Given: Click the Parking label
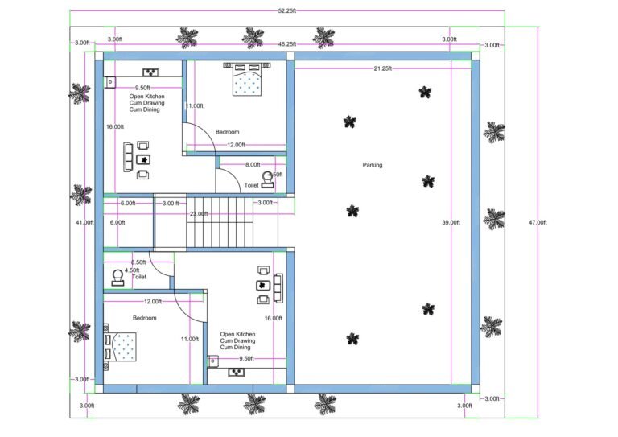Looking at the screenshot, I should [373, 165].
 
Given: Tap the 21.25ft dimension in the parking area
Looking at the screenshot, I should [382, 69].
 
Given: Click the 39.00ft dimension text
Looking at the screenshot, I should [451, 222].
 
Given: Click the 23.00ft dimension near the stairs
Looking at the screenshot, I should [198, 214].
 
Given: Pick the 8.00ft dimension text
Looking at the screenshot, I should [253, 164].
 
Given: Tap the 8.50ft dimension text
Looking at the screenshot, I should [138, 262].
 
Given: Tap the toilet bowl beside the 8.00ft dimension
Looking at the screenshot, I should [268, 179].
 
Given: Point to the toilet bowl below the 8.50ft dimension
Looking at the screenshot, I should [118, 277].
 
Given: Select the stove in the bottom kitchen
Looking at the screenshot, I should [237, 372].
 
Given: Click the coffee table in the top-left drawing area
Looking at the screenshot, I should [144, 159].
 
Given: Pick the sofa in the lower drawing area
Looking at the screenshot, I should [278, 286].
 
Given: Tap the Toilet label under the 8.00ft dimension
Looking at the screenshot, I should [252, 184].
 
